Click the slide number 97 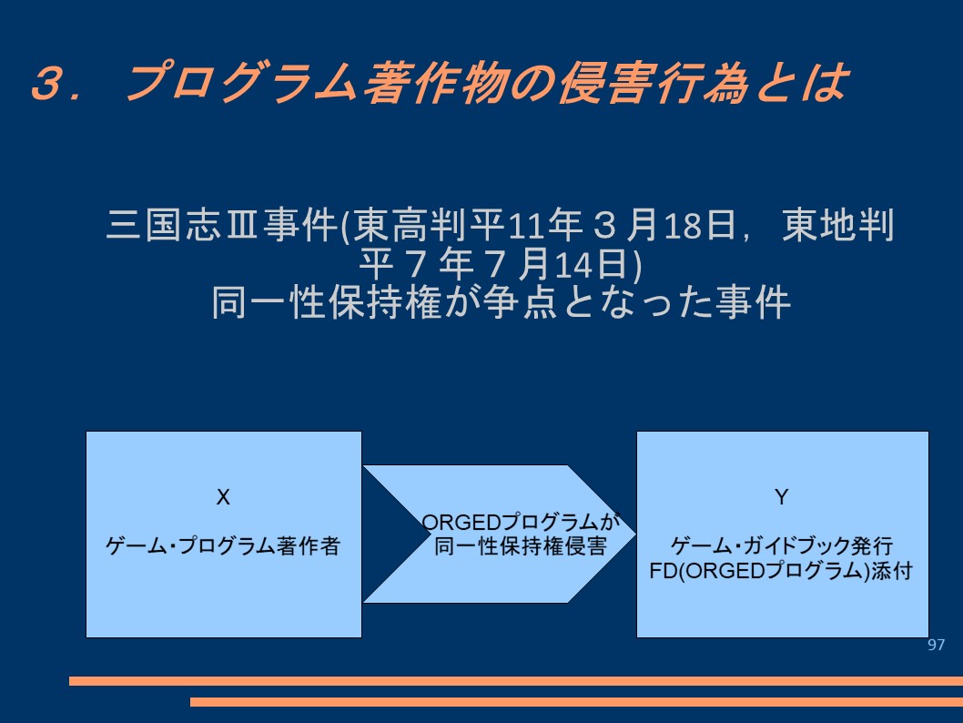pyautogui.click(x=936, y=645)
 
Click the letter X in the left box pyautogui.click(x=223, y=497)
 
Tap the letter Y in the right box pyautogui.click(x=781, y=497)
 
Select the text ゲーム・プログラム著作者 pyautogui.click(x=223, y=545)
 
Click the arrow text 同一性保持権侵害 pyautogui.click(x=521, y=546)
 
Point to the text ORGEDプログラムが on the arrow pyautogui.click(x=521, y=522)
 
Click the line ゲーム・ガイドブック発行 pyautogui.click(x=781, y=545)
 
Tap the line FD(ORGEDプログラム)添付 pyautogui.click(x=781, y=571)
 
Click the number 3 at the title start pyautogui.click(x=48, y=82)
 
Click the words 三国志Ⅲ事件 pyautogui.click(x=222, y=225)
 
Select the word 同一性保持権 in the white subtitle pyautogui.click(x=327, y=303)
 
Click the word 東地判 pyautogui.click(x=837, y=225)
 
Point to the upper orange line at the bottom pyautogui.click(x=516, y=680)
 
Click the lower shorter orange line pyautogui.click(x=577, y=701)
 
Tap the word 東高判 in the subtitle pyautogui.click(x=409, y=225)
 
